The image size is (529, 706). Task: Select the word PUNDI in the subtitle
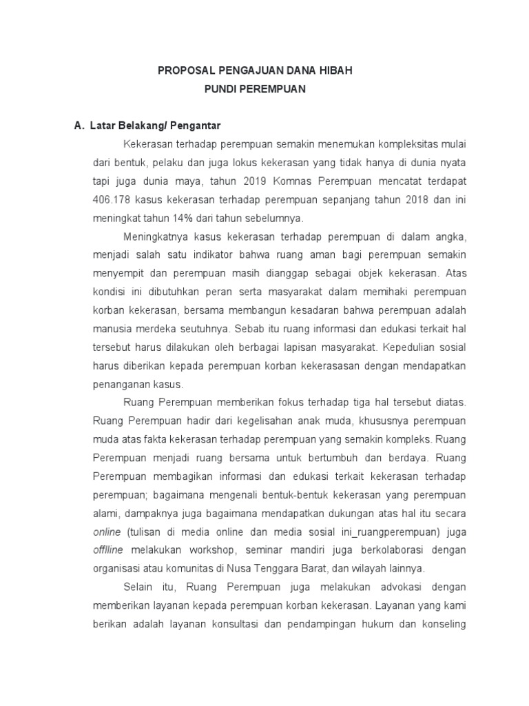point(224,90)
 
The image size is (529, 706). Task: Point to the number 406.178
point(110,200)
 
